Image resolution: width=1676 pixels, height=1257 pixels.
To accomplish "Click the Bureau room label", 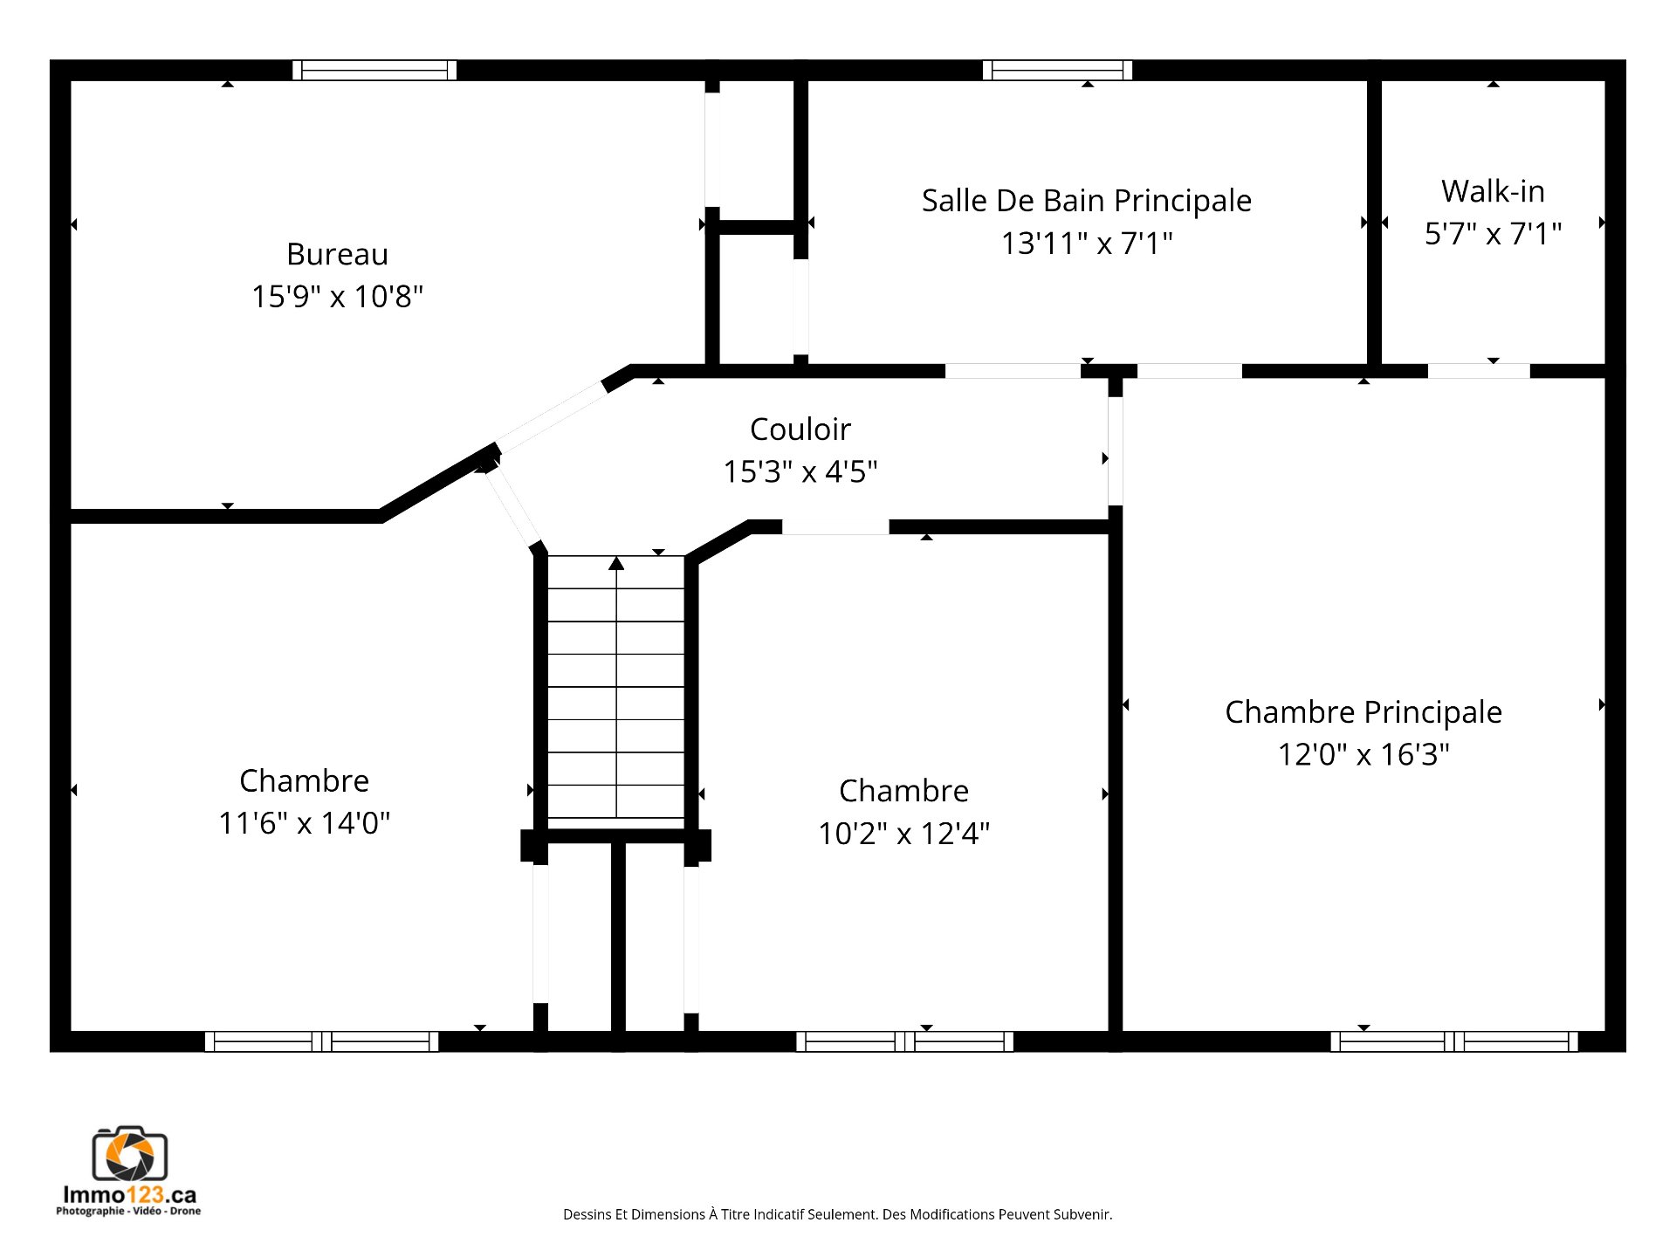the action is pos(337,254).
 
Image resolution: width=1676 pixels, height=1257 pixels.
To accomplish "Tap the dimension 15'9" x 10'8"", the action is pos(337,297).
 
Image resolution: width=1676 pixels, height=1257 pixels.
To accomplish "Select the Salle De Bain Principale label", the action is pos(1087,201).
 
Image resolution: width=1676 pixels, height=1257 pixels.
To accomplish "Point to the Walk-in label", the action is pos(1493,190).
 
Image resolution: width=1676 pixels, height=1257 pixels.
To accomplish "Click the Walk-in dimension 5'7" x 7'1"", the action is pos(1493,233).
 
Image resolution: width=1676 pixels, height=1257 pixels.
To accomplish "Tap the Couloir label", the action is pos(800,429).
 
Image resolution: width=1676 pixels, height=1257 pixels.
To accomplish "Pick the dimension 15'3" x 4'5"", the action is pos(800,471).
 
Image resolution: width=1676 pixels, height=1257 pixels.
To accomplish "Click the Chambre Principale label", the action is pos(1363,712).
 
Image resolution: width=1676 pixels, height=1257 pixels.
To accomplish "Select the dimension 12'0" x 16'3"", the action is pos(1363,754).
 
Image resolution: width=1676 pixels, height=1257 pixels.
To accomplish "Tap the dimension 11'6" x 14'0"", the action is pos(304,822).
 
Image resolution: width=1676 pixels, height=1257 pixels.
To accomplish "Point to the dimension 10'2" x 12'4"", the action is pos(903,833).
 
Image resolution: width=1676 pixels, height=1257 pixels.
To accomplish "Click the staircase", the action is pos(616,687).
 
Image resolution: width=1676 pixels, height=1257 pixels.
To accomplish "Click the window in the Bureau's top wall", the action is pos(374,70).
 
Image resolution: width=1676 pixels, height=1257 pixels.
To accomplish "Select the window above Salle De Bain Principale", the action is pos(1057,70).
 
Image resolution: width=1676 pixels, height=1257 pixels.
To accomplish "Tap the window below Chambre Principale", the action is pos(1454,1041).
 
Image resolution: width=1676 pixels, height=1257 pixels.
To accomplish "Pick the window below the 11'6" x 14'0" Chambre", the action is pos(321,1041).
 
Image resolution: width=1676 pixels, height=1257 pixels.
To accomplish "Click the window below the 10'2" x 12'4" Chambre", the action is pos(904,1041).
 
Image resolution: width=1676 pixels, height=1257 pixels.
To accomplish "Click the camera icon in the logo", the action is pos(130,1154).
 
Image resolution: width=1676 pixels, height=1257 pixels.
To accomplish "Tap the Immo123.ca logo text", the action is pos(129,1195).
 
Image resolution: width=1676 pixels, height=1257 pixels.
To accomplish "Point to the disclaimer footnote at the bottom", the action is pos(837,1214).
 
